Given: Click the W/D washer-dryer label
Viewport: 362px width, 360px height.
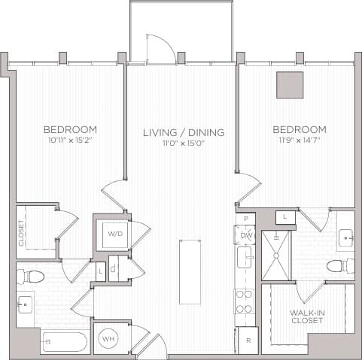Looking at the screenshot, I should click(115, 233).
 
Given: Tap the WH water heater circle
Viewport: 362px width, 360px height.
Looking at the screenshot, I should click(108, 338).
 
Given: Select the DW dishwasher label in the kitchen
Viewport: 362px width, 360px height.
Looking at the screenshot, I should click(245, 234).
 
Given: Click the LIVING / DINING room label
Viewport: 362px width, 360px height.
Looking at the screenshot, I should click(184, 133).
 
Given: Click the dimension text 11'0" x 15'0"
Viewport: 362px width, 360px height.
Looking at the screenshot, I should click(184, 144).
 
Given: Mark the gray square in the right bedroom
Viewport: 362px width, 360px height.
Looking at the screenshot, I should click(290, 85).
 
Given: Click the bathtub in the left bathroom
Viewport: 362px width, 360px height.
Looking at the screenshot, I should click(64, 341).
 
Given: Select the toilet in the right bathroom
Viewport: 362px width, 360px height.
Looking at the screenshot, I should click(339, 265).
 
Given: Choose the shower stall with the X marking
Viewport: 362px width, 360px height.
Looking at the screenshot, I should click(275, 255).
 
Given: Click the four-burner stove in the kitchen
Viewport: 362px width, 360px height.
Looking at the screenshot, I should click(245, 301).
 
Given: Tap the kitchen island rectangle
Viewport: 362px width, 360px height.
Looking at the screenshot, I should click(190, 271).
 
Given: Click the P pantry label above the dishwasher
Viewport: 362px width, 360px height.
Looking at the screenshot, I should click(245, 219).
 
